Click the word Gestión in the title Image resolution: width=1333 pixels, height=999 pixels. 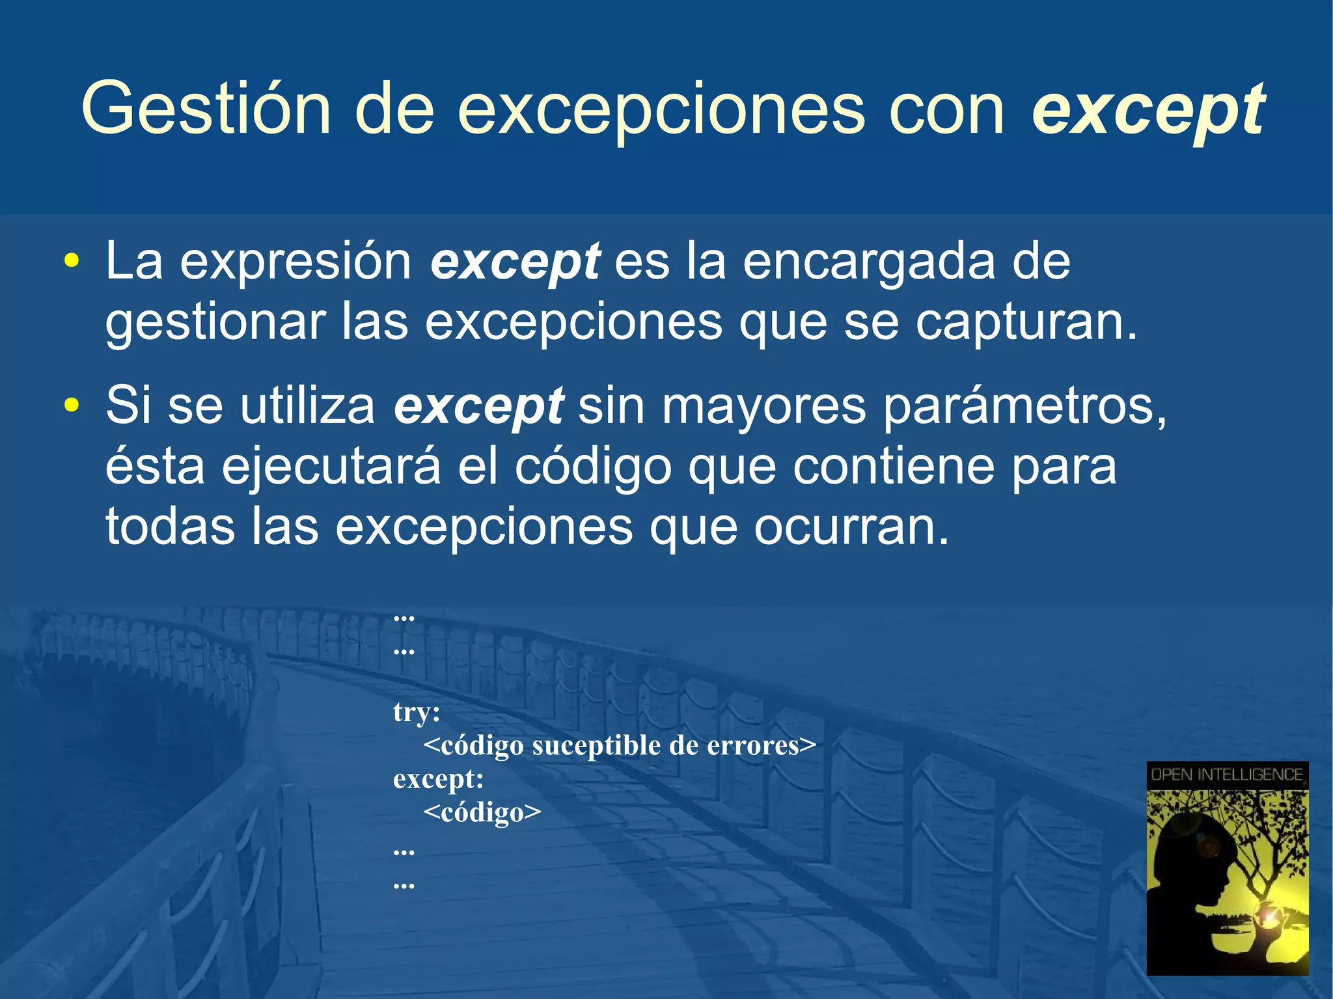point(206,109)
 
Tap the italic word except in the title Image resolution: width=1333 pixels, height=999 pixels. point(1148,111)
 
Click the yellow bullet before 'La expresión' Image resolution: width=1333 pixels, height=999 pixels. point(72,262)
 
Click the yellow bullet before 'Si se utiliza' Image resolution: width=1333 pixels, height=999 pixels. point(72,405)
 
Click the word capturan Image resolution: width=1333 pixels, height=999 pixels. point(1026,322)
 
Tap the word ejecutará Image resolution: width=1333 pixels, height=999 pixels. point(331,467)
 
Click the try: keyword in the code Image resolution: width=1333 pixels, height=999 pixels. point(417,712)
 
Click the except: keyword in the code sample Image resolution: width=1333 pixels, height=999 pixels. point(438,779)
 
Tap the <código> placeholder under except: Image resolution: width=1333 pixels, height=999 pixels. point(482,812)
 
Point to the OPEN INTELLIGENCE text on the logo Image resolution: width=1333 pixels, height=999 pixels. point(1227,774)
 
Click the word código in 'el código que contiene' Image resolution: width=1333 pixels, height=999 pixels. point(593,467)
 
